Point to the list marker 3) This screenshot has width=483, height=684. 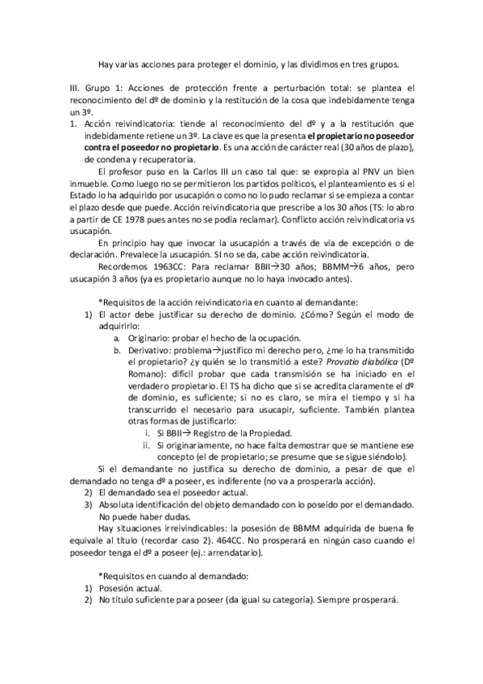point(90,504)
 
